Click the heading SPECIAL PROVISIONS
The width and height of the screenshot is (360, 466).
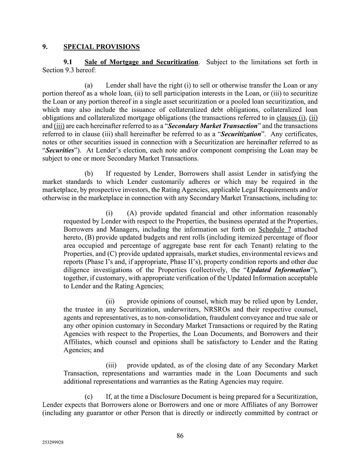pos(101,47)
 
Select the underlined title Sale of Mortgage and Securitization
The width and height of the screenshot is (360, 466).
pos(141,62)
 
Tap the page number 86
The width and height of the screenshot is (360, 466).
pos(180,436)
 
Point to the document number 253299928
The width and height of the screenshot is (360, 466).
pos(53,443)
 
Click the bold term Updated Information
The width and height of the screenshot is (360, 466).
pos(278,270)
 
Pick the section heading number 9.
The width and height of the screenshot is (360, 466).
pos(44,47)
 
